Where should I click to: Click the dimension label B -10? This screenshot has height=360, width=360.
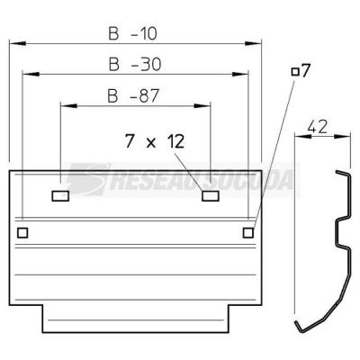pos(132,33)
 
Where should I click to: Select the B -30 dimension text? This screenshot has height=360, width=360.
pos(135,64)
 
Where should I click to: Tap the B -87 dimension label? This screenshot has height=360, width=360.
pos(133,96)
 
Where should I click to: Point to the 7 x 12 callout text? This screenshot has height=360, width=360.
pos(155,141)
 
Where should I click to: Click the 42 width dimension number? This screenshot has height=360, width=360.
pos(317,127)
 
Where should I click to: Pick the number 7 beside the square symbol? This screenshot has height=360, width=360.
pos(305,71)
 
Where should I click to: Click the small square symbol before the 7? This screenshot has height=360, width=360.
pos(295,72)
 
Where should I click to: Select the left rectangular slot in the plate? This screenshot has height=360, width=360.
pos(60,196)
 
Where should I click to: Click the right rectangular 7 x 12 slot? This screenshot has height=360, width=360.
pos(211,196)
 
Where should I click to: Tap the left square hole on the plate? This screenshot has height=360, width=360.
pos(22,233)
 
